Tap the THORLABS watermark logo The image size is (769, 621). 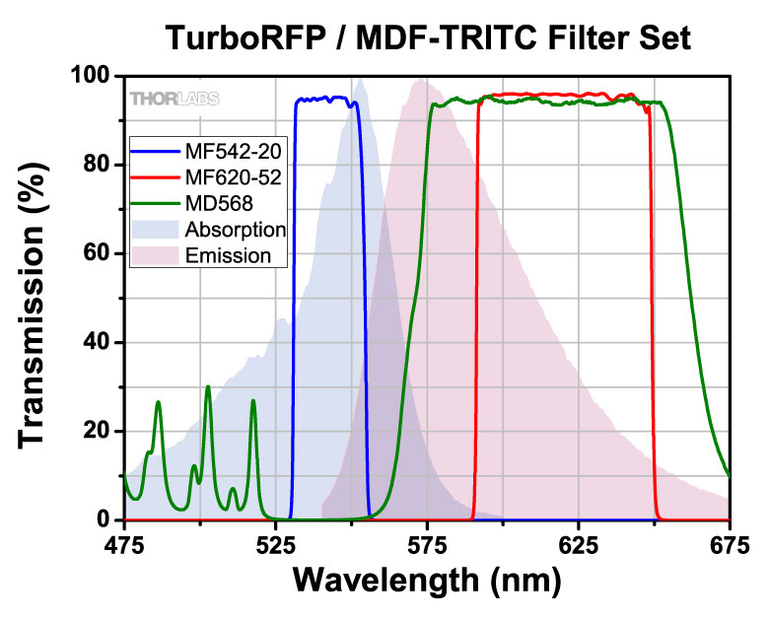(175, 98)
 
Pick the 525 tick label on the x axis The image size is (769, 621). (275, 543)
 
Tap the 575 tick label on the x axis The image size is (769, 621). (426, 543)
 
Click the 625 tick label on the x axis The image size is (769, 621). (578, 543)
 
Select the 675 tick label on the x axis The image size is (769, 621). (729, 543)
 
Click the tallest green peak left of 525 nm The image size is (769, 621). (208, 387)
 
